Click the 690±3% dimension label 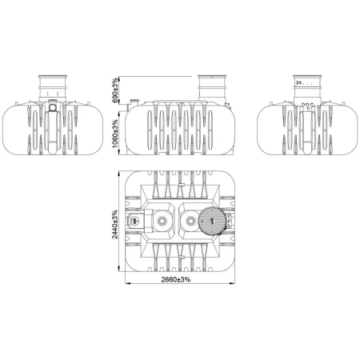coord(115,90)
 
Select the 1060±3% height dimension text coord(115,134)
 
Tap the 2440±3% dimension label coord(115,225)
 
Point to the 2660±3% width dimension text coord(176,279)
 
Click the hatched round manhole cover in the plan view coord(212,221)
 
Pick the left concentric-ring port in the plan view coord(162,221)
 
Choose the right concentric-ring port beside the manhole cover coord(190,221)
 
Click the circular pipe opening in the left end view coord(53,107)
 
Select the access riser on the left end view coord(53,88)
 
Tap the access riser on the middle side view coord(212,88)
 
